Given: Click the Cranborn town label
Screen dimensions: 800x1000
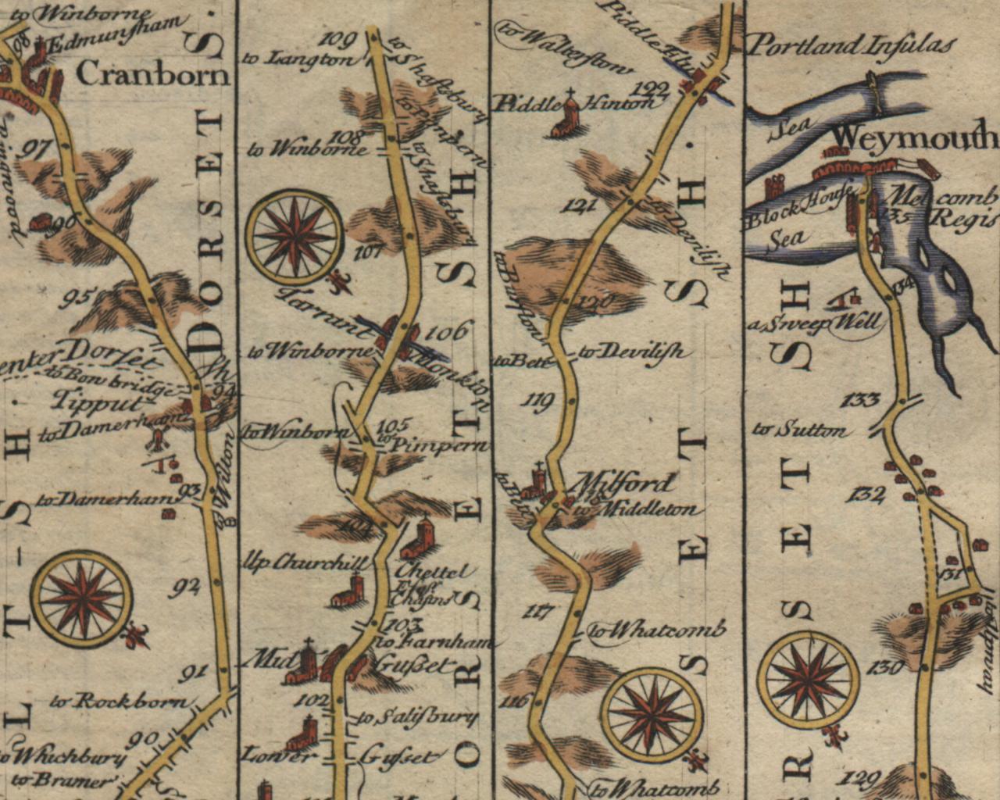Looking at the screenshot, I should (155, 74).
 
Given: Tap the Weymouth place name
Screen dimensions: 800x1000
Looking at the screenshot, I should (914, 139).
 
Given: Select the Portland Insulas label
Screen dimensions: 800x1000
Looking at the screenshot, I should (852, 45).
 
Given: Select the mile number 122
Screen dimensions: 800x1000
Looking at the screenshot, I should (653, 87).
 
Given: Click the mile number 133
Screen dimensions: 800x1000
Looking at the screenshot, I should (862, 401).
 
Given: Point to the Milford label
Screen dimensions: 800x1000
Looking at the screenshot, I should (626, 482).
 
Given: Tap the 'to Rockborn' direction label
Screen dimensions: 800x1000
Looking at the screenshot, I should (120, 701).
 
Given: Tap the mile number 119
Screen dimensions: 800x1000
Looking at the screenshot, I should (541, 402).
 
